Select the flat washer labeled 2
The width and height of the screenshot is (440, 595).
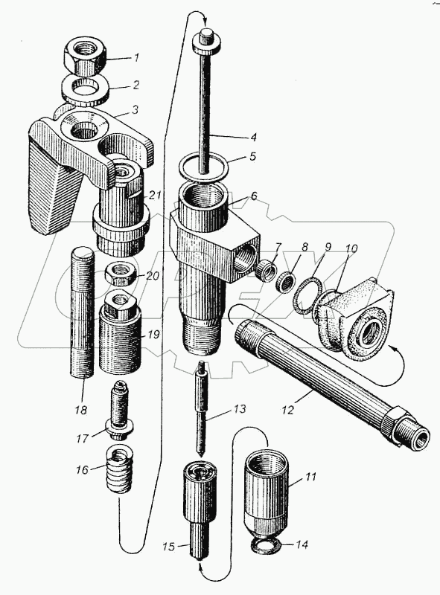pos(85,89)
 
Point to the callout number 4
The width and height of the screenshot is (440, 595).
pos(253,136)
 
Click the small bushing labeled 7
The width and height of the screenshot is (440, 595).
pos(266,271)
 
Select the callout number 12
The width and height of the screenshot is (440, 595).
pos(288,410)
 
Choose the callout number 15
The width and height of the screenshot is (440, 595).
pos(168,547)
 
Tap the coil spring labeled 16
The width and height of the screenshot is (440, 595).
pos(118,469)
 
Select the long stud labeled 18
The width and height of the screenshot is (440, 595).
pos(82,312)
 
